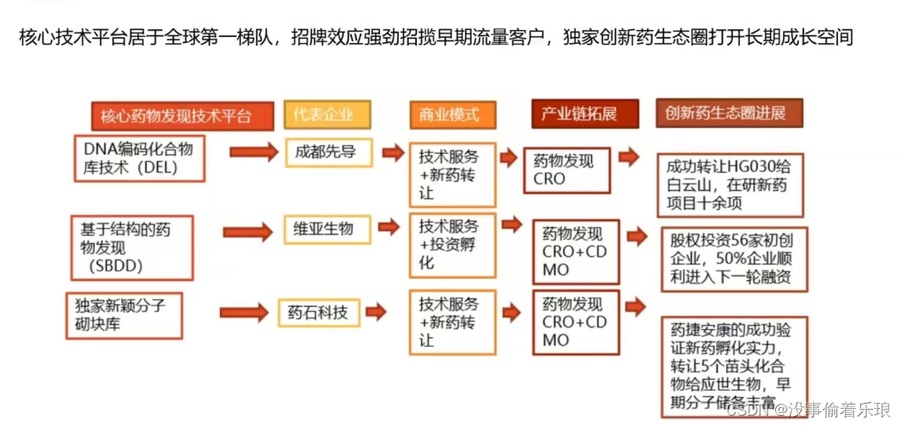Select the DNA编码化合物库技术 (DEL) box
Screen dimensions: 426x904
click(x=138, y=158)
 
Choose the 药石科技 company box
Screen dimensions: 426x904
click(x=318, y=313)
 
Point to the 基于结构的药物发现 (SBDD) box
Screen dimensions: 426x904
click(x=131, y=246)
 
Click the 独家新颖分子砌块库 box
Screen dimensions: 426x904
click(x=125, y=314)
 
